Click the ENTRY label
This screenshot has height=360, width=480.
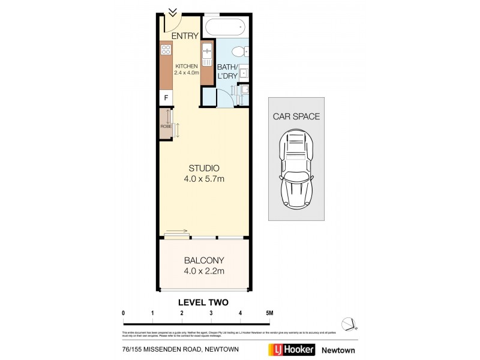coord(185,36)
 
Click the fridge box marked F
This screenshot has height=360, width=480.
coord(166,98)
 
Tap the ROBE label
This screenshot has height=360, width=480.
coord(165,127)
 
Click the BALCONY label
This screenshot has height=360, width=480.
coord(203,260)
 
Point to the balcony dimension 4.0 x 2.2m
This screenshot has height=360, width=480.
coord(203,271)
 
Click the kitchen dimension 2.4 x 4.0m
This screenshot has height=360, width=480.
coord(186,72)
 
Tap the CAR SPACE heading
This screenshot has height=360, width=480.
coord(296,116)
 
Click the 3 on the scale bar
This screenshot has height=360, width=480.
coord(211,313)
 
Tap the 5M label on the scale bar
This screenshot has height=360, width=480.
coord(269,313)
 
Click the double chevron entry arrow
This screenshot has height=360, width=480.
coord(172,11)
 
